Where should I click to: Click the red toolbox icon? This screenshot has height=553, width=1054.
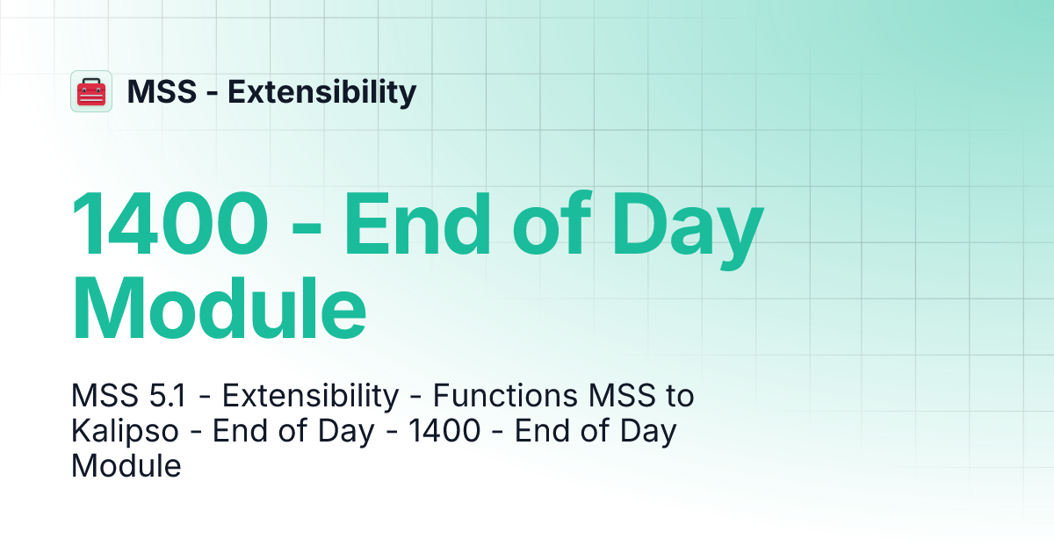pyautogui.click(x=91, y=91)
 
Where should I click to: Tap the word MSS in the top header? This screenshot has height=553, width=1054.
pyautogui.click(x=161, y=91)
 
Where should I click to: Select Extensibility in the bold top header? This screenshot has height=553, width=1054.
pyautogui.click(x=321, y=91)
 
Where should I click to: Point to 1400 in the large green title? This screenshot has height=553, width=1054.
pyautogui.click(x=169, y=224)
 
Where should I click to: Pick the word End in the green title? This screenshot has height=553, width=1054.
pyautogui.click(x=423, y=224)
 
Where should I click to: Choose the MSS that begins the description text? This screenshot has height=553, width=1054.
pyautogui.click(x=98, y=397)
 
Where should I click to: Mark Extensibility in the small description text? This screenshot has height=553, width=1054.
pyautogui.click(x=309, y=397)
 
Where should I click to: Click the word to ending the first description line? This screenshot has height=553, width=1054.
pyautogui.click(x=677, y=397)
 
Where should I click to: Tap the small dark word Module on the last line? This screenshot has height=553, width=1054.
pyautogui.click(x=126, y=466)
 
